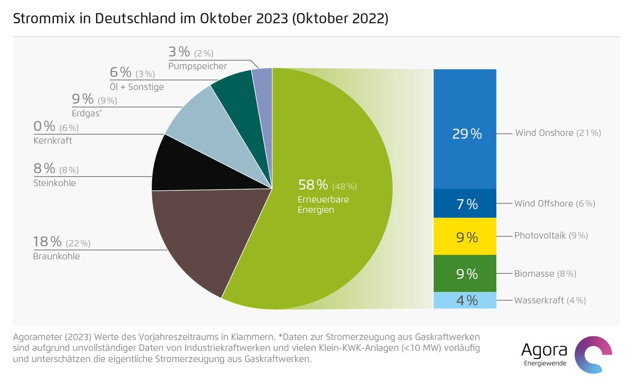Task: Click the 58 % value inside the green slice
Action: pos(313,185)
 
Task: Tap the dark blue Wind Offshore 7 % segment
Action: pos(465,203)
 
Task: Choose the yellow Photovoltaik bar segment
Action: pos(465,237)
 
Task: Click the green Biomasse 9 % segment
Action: pos(465,274)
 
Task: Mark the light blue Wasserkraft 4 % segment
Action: pos(465,300)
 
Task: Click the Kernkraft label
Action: pos(53,141)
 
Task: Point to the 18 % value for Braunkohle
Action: pos(48,242)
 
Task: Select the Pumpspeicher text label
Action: pos(197,66)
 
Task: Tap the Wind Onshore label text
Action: pos(544,133)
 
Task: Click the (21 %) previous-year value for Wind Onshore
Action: pos(588,133)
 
